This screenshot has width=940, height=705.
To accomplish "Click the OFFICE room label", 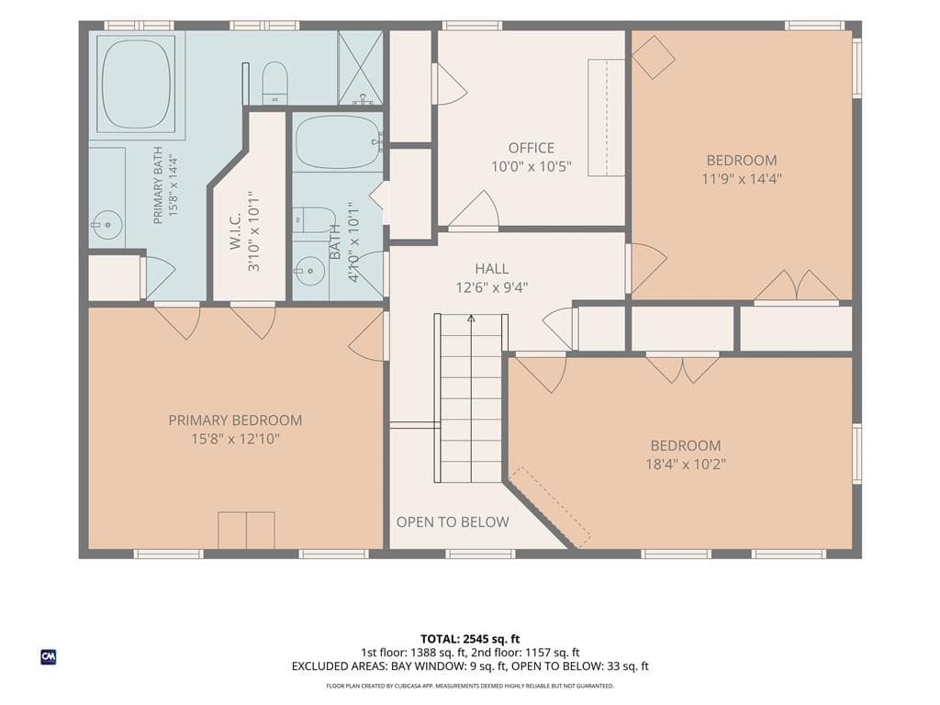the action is point(532,148).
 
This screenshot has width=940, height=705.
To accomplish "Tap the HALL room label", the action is point(492,269).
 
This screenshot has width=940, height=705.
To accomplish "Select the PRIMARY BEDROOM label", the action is point(235,420).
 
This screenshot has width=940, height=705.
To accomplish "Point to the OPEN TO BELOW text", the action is point(453,522).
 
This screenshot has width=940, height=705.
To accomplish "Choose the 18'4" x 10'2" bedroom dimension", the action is point(686,464).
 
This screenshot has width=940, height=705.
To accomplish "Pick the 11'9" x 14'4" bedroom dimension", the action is point(742,179).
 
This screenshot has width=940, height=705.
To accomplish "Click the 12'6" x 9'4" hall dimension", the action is point(492,287).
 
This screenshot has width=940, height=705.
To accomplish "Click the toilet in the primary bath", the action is point(275,82).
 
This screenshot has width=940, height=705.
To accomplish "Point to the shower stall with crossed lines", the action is point(360,67).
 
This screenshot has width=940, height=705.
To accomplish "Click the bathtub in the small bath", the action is point(339,142).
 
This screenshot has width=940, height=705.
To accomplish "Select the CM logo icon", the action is point(49,657).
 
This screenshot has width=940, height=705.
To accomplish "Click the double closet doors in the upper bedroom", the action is point(796,285).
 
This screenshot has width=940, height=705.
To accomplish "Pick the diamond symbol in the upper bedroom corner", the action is point(654,57).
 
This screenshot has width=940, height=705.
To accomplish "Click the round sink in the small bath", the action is point(310,271).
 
